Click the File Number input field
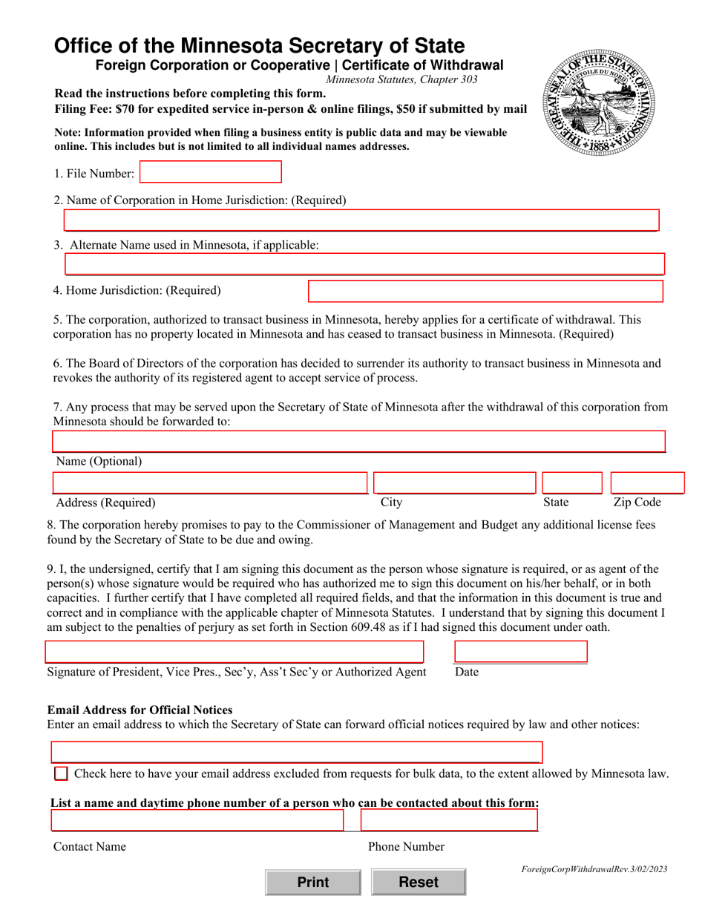click(x=211, y=172)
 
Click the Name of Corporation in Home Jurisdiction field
click(x=361, y=220)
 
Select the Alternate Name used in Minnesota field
click(x=364, y=264)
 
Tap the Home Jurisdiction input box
click(x=485, y=291)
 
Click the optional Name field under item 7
click(x=358, y=442)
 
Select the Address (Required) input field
click(x=210, y=483)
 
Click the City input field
click(x=454, y=483)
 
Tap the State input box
click(x=571, y=483)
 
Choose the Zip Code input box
click(x=646, y=483)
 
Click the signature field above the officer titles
click(x=234, y=652)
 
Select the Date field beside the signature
click(x=520, y=652)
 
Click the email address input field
click(x=296, y=752)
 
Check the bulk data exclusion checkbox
click(x=61, y=773)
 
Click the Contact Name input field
click(x=197, y=820)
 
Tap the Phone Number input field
click(x=449, y=820)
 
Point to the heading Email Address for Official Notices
click(x=140, y=710)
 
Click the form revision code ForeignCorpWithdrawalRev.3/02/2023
click(x=594, y=868)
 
